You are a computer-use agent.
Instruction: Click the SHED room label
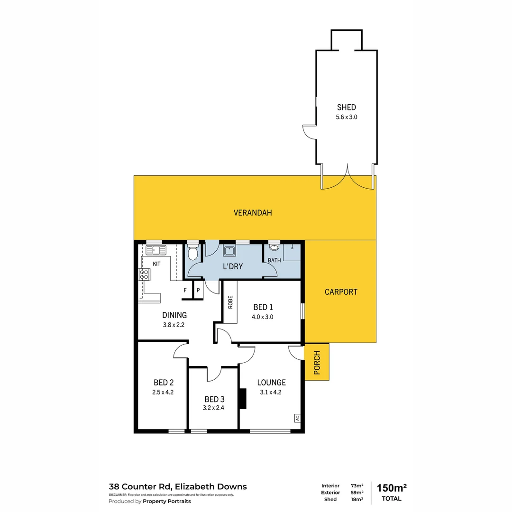coord(346,107)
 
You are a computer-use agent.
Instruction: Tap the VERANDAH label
coord(253,213)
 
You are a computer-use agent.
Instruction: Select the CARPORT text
coord(341,292)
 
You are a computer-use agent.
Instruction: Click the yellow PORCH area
coord(317,362)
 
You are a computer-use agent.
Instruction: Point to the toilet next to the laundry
coord(192,253)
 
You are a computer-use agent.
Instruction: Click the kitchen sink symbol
coord(156,250)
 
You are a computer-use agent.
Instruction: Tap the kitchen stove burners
coord(144,274)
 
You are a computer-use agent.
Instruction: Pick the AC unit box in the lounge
coord(297,418)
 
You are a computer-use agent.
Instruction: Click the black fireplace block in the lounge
coord(243,399)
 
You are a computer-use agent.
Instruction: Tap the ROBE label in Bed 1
coord(230,302)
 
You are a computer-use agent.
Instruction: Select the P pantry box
coord(198,290)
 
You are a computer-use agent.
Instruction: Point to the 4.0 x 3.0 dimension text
coord(263,317)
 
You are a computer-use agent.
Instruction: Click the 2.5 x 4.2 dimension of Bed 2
coord(163,392)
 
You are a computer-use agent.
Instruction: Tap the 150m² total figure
coord(392,488)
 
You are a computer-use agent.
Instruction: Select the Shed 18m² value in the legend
coord(357,499)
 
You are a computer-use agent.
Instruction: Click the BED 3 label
coord(213,399)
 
